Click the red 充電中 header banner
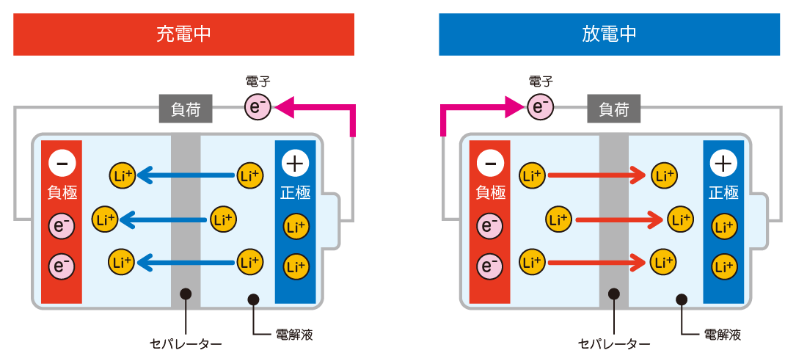[x=183, y=34]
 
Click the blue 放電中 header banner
[x=609, y=34]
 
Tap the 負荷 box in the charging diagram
[x=186, y=109]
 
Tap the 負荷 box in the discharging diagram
[x=614, y=109]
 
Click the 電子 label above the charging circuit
[x=258, y=81]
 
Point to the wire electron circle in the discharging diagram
[x=540, y=106]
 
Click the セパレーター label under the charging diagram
[x=186, y=344]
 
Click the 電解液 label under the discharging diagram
[x=723, y=335]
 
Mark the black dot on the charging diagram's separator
[x=186, y=294]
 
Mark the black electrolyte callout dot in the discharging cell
[x=682, y=299]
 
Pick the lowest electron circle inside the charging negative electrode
[x=62, y=266]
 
